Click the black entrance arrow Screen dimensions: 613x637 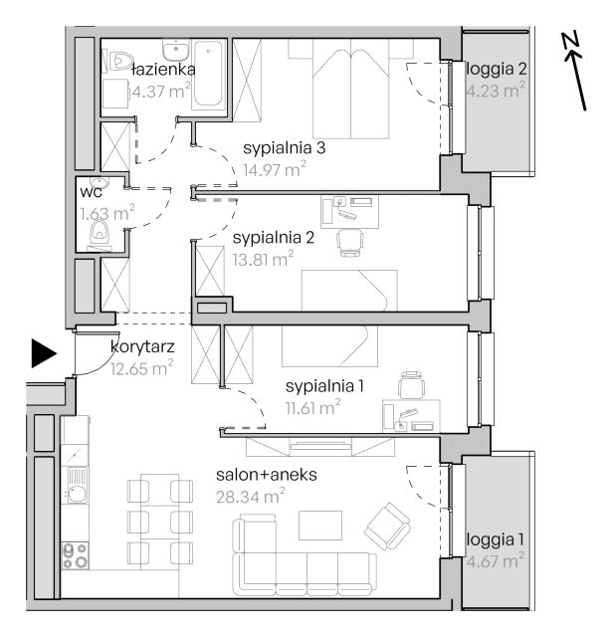coord(44,353)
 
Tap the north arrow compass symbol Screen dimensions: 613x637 coord(574,71)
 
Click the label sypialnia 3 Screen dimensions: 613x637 coord(285,148)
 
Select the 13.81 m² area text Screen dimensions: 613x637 coord(263,259)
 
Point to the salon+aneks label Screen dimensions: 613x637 coord(267,475)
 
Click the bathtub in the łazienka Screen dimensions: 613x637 coord(208,74)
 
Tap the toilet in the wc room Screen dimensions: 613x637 coord(100,233)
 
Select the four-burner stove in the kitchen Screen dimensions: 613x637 coord(76,555)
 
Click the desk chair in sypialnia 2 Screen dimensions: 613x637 coord(349,243)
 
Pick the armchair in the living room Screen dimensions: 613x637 coord(387,526)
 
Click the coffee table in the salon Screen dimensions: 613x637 coord(320,526)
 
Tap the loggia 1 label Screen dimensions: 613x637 coord(496,539)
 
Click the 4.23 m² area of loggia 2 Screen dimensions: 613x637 coord(496,91)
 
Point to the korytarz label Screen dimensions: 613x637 coord(142,347)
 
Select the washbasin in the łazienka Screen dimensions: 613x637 coord(176,50)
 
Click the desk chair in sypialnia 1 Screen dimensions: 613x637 coord(412,385)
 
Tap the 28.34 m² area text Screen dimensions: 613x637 coord(250,497)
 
